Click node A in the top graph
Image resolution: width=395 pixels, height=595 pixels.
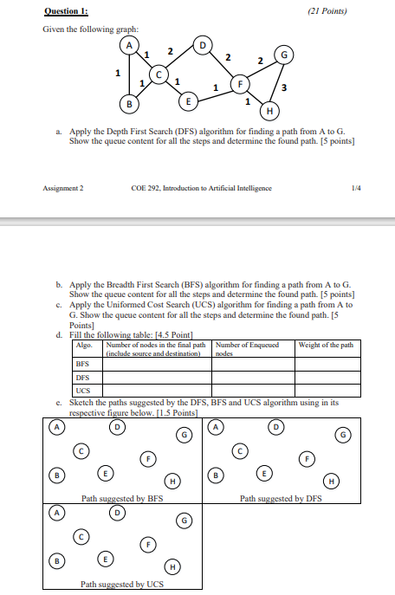tap(131, 46)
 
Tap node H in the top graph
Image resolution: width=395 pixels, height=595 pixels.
tap(269, 111)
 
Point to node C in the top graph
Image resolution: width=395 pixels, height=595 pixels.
tap(159, 76)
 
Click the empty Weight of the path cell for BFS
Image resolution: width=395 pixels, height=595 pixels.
tap(328, 365)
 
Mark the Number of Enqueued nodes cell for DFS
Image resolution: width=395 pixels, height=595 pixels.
tap(252, 378)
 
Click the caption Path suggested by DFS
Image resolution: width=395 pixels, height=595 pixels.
tap(281, 499)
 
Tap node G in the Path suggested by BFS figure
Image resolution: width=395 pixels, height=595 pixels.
tap(185, 434)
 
